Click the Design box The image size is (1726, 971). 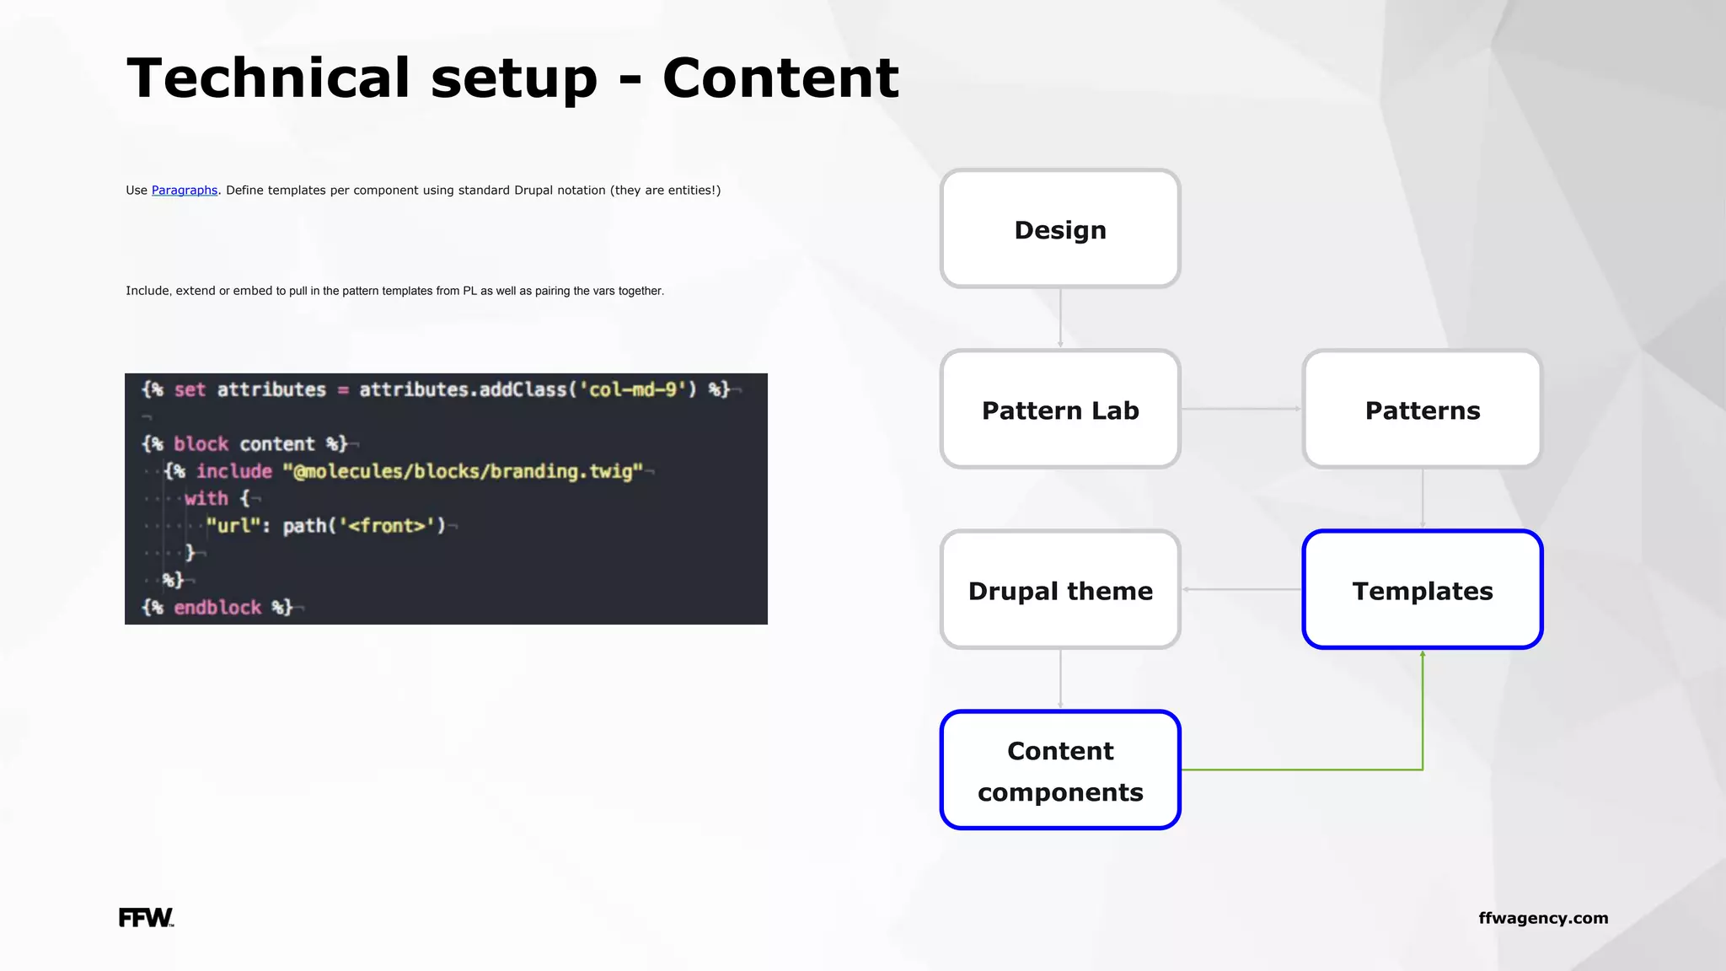[x=1059, y=228]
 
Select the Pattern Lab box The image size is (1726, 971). [x=1059, y=409]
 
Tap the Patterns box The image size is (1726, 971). [x=1422, y=409]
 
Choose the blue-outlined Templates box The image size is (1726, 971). [x=1422, y=589]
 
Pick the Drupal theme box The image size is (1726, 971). [x=1059, y=589]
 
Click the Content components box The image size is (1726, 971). [x=1059, y=770]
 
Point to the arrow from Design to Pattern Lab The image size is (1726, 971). [x=1060, y=318]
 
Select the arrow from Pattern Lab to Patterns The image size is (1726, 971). [x=1241, y=409]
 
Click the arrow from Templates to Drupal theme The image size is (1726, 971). [x=1241, y=589]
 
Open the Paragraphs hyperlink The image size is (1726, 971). [x=185, y=190]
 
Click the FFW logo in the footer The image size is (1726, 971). [x=146, y=917]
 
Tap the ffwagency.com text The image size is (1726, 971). [x=1543, y=918]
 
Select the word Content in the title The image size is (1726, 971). [x=780, y=78]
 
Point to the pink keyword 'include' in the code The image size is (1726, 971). [x=234, y=471]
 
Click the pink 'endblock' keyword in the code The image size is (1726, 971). [x=217, y=607]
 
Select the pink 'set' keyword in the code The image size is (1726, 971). [x=190, y=389]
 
